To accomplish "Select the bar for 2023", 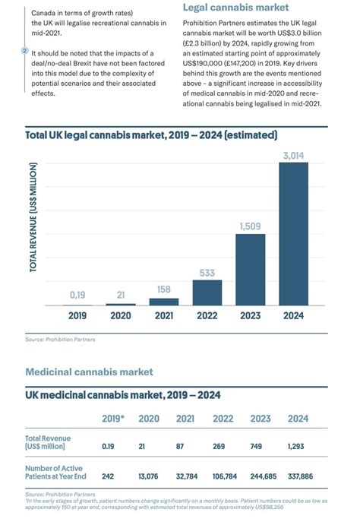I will click(x=250, y=270).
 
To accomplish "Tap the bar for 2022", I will click(x=207, y=293).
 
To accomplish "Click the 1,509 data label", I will click(x=250, y=226).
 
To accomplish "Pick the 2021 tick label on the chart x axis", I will click(x=163, y=315).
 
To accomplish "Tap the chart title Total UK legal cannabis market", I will click(x=152, y=134).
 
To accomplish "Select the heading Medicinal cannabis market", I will click(x=90, y=372).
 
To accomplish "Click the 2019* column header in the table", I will click(x=113, y=418).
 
